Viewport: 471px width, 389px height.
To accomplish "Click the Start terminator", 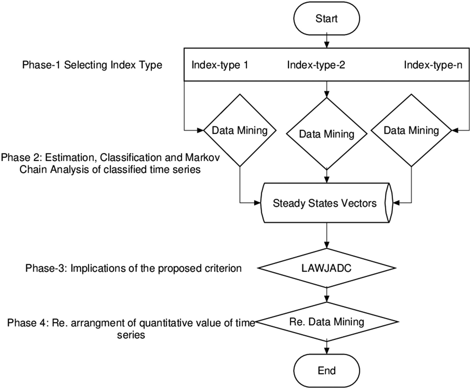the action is (327, 18).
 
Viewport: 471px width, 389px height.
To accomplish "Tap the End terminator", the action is (327, 370).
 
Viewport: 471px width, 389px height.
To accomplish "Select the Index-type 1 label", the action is (220, 65).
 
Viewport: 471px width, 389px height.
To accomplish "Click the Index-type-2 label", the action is (316, 65).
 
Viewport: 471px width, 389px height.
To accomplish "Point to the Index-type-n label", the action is (433, 65).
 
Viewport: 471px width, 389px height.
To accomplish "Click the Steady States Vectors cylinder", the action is (327, 203).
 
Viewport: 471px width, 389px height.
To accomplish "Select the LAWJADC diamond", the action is (327, 268).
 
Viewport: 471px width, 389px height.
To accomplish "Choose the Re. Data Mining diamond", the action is (327, 322).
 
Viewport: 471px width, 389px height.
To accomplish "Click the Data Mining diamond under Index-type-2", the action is (327, 134).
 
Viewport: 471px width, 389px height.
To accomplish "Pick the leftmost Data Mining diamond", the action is (240, 130).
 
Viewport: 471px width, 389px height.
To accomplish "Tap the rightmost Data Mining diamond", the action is (411, 130).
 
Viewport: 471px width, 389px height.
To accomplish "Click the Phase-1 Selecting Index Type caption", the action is (92, 65).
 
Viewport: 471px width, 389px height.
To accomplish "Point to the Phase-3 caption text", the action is (133, 268).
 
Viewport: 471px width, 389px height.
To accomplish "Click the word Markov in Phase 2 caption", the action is (203, 157).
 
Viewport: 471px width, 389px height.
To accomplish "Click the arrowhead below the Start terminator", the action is (327, 45).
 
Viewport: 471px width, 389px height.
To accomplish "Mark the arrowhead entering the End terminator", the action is (327, 351).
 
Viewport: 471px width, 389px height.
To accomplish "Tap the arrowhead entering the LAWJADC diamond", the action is (327, 245).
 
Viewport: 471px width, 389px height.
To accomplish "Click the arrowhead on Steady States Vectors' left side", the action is (258, 203).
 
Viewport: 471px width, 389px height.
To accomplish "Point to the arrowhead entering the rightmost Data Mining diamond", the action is (455, 130).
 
